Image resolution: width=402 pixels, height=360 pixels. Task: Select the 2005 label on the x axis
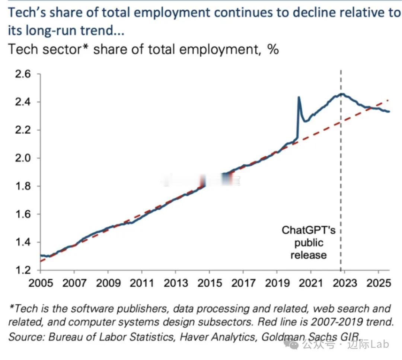[41, 283]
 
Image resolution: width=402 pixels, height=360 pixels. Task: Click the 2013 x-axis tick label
[176, 283]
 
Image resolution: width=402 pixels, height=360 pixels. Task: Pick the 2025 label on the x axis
[379, 283]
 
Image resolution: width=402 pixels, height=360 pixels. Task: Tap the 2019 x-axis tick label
[277, 283]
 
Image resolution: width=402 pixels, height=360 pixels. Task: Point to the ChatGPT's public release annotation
[309, 243]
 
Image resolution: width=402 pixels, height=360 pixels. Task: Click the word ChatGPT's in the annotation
[309, 230]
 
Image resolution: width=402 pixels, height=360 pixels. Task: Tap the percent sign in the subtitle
[273, 49]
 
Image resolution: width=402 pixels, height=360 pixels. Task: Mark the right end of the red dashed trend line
[389, 100]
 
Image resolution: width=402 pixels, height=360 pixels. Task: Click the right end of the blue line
[389, 111]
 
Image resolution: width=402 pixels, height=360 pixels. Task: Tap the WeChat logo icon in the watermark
[291, 344]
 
